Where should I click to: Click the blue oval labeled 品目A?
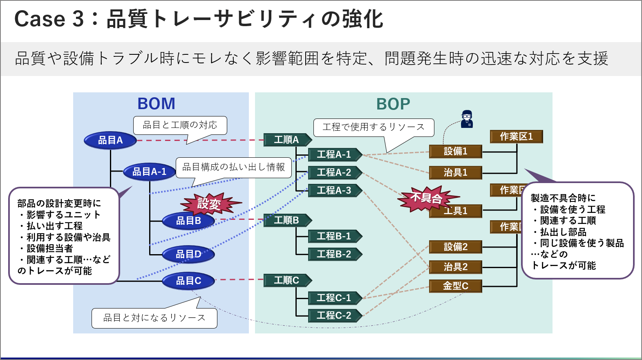coord(110,141)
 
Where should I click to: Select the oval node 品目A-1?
coord(149,172)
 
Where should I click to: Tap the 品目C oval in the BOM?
coord(188,281)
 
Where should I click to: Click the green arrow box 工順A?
coord(286,140)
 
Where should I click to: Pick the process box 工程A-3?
coord(334,190)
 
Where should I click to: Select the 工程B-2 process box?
coord(334,254)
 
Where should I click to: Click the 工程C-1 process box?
coord(334,298)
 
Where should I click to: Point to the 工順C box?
coord(286,280)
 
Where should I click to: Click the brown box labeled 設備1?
coord(455,152)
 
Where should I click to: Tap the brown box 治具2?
coord(455,267)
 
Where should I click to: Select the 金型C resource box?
coord(455,286)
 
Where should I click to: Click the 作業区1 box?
coord(516,136)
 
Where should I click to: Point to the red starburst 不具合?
coord(426,198)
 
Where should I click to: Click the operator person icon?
coord(467,119)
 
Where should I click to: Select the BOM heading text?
coord(156,104)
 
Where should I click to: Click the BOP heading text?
coord(393,104)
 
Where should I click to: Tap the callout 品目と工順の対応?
coord(180,125)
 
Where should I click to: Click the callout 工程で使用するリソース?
coord(374,127)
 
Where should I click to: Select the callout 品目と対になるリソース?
coord(154,318)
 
